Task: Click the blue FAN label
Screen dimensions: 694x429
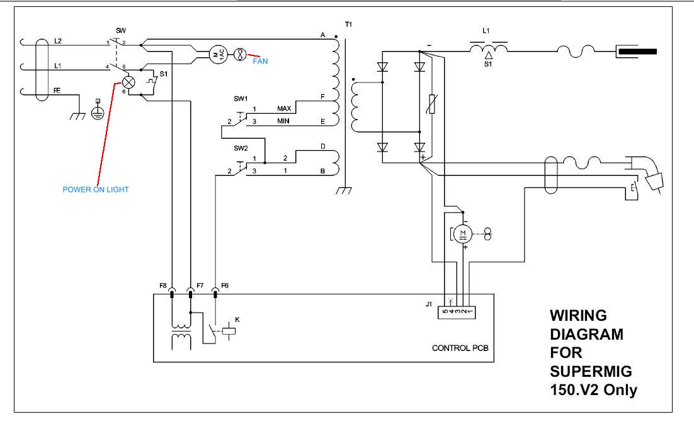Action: click(260, 61)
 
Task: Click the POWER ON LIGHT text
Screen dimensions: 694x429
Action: click(96, 189)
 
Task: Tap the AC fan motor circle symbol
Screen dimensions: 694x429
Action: click(218, 54)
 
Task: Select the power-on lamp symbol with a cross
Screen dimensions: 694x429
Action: click(128, 82)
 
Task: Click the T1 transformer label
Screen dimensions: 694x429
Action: click(348, 25)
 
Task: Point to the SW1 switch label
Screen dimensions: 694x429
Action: click(241, 99)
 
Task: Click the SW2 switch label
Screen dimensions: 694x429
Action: click(241, 148)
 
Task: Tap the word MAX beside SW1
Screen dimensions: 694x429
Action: click(284, 108)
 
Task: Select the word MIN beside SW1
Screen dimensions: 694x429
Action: click(283, 121)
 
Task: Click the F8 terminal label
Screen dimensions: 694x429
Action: click(163, 286)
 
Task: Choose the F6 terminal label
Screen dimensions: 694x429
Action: click(225, 286)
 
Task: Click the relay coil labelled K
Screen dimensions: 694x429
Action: click(229, 330)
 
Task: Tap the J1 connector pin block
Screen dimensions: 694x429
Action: click(457, 312)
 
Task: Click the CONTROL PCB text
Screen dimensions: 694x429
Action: click(460, 348)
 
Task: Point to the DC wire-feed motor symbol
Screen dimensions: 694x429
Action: click(463, 234)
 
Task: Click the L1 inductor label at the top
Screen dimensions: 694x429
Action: click(486, 31)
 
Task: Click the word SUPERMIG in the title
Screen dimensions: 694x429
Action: click(591, 371)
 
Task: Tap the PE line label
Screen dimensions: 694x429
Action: click(57, 91)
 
